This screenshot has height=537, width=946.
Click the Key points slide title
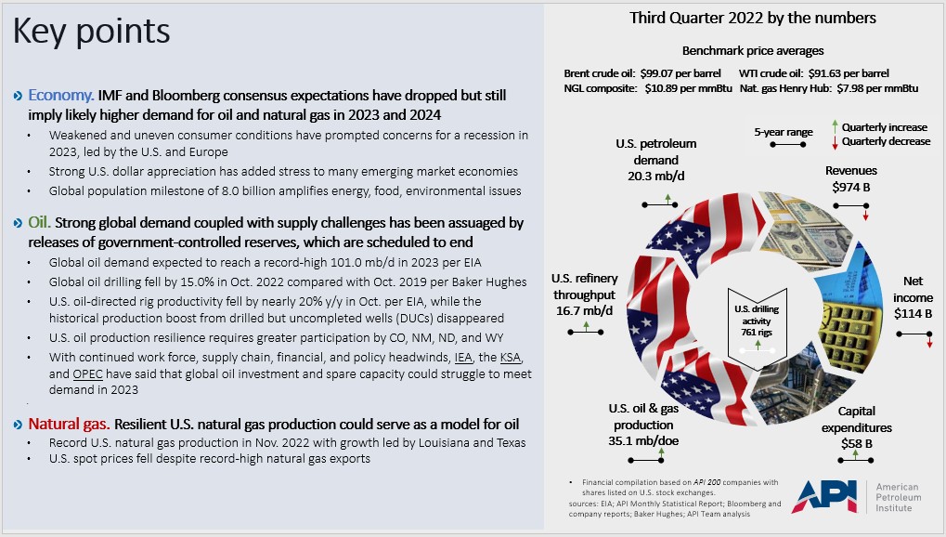click(x=91, y=33)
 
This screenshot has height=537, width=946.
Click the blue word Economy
click(x=60, y=96)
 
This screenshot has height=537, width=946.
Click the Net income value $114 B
click(x=913, y=313)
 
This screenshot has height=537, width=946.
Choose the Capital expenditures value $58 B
click(x=856, y=443)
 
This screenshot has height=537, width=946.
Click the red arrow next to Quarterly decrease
click(x=835, y=141)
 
